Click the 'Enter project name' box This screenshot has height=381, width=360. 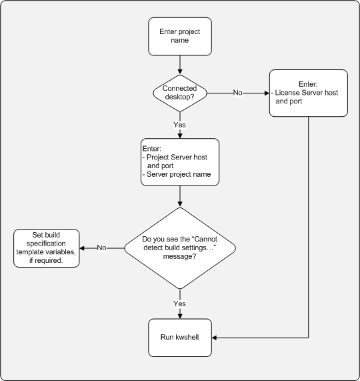pyautogui.click(x=180, y=36)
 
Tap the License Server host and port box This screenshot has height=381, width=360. pyautogui.click(x=308, y=93)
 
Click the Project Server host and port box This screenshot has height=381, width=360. pyautogui.click(x=180, y=161)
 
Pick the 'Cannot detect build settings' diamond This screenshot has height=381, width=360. pyautogui.click(x=180, y=248)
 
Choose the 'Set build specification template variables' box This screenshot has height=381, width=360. pyautogui.click(x=47, y=248)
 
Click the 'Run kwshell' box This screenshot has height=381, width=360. pyautogui.click(x=180, y=337)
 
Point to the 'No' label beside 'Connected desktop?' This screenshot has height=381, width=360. pyautogui.click(x=237, y=93)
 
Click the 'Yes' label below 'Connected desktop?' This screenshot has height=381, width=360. pyautogui.click(x=180, y=125)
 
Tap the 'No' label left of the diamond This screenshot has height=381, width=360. pyautogui.click(x=102, y=248)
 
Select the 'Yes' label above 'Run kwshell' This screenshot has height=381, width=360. pyautogui.click(x=180, y=304)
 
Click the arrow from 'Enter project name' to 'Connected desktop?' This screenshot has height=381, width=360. pyautogui.click(x=180, y=65)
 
